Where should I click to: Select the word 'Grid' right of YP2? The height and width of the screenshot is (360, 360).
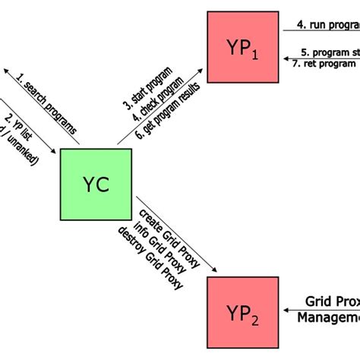320,302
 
